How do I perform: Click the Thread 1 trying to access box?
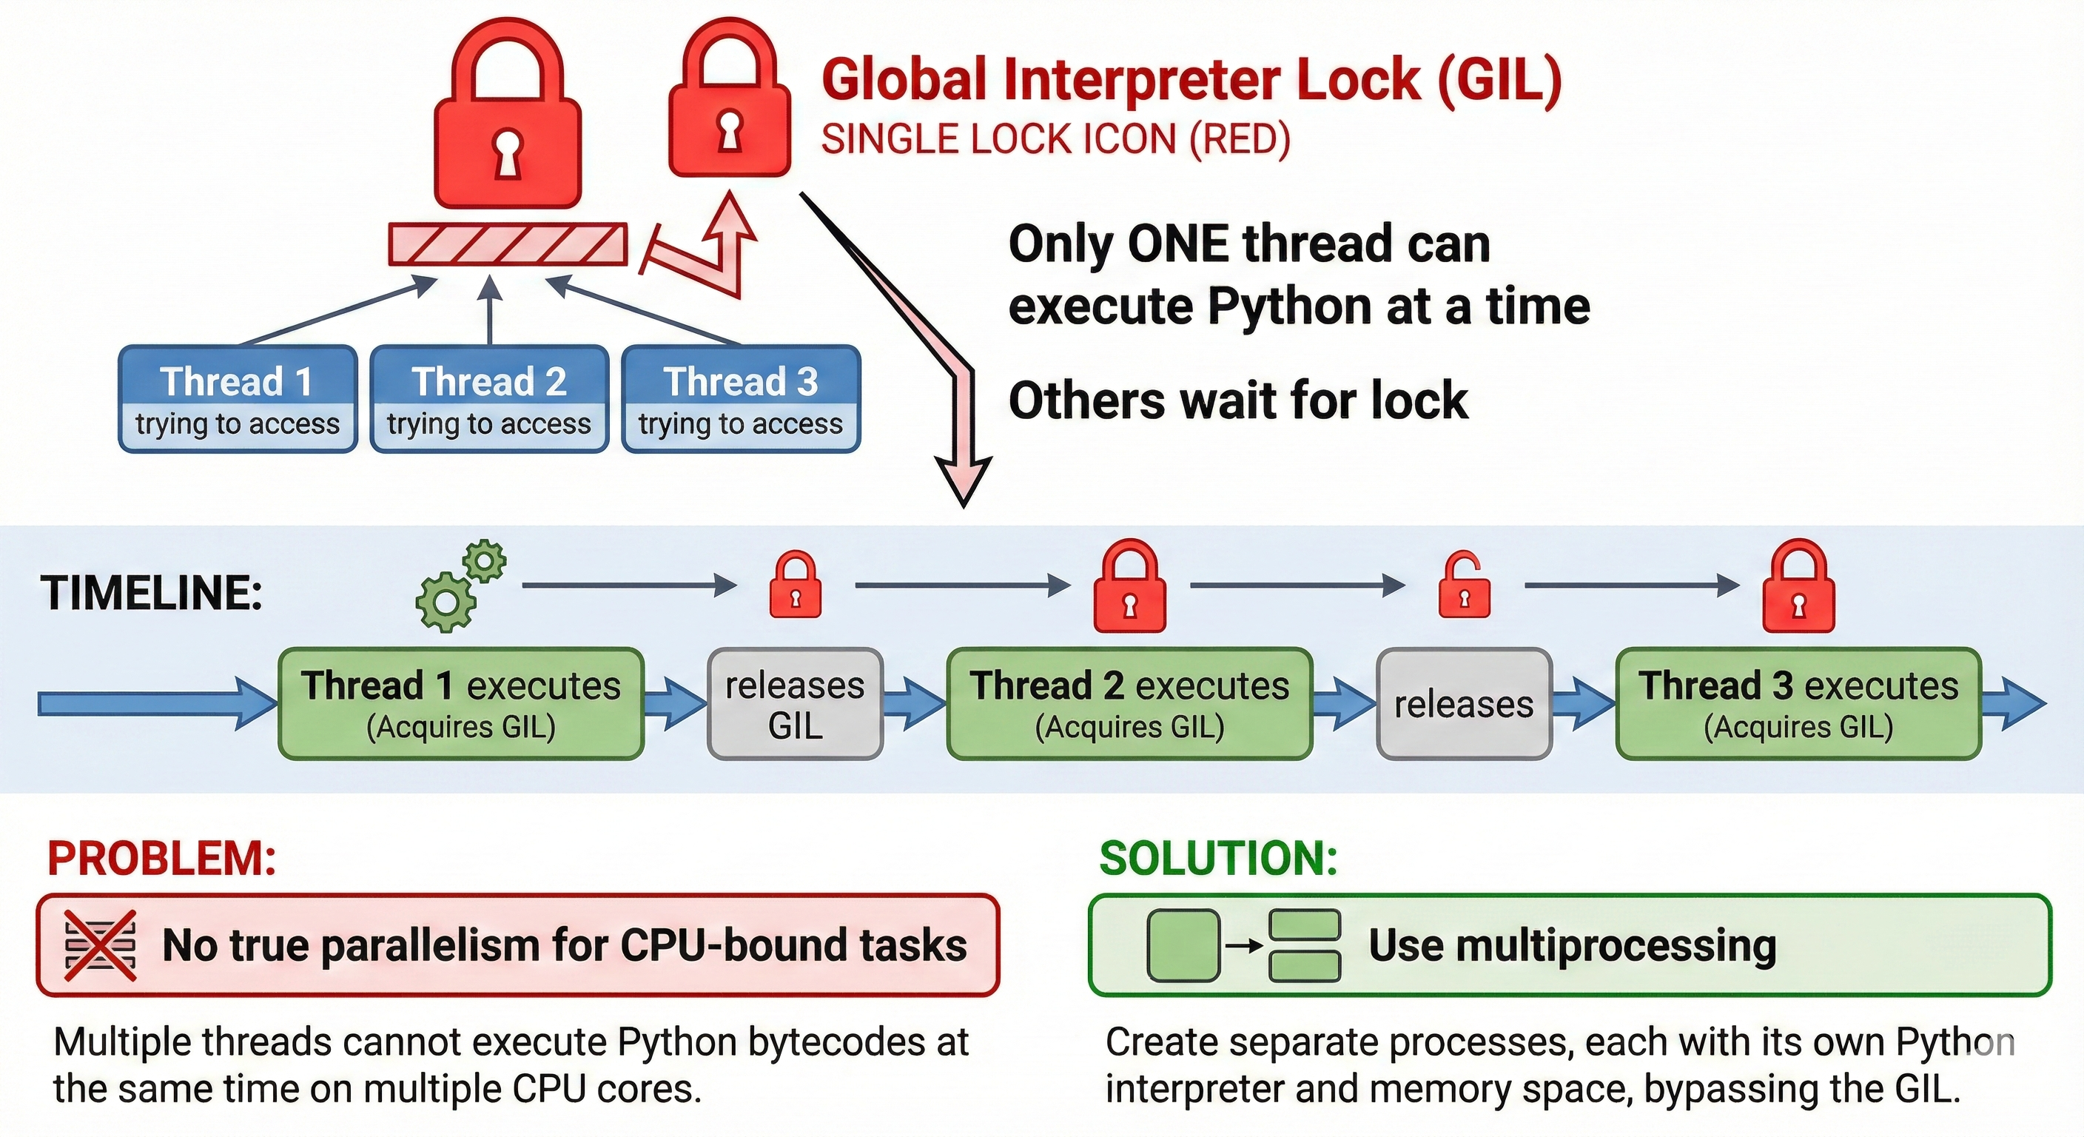[238, 399]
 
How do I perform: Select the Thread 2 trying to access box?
[489, 399]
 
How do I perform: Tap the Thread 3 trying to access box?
[741, 399]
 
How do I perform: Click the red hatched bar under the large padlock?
[508, 244]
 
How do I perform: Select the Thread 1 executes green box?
[461, 703]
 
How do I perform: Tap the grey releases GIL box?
[796, 704]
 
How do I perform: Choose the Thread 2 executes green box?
[1129, 703]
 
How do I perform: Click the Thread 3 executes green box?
[1798, 703]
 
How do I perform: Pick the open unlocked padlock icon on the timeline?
[1464, 586]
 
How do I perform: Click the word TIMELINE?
[151, 593]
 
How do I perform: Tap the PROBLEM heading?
[162, 859]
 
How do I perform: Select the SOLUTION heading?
[1218, 859]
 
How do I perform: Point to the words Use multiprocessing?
[1572, 945]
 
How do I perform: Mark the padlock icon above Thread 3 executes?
[1798, 588]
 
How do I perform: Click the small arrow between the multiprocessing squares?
[1244, 945]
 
